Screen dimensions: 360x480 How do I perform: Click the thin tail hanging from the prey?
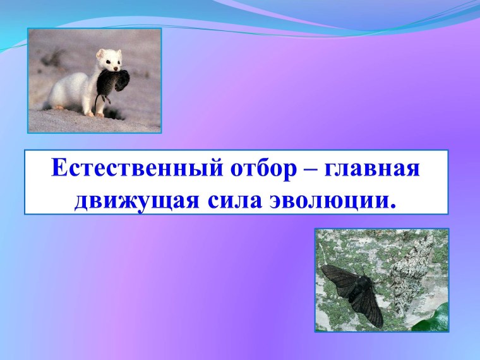tap(96, 103)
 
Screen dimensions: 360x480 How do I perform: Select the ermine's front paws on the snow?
tap(95, 114)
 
